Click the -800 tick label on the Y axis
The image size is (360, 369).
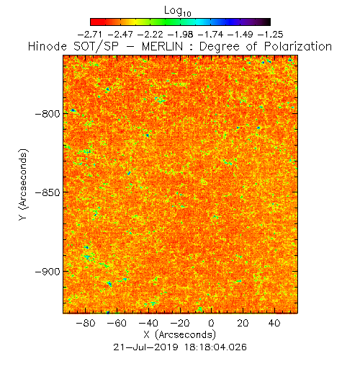coord(48,113)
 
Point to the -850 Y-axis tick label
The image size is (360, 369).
coord(48,192)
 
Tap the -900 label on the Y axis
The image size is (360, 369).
coord(48,272)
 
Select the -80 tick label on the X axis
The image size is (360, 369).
coord(86,323)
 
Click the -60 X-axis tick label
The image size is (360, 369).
coord(117,323)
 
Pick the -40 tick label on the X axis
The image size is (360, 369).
coord(148,323)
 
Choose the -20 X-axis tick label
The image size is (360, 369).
coord(180,323)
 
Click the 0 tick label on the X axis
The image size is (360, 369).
coord(211,323)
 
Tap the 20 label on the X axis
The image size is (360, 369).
coord(243,323)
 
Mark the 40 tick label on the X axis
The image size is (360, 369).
coord(274,323)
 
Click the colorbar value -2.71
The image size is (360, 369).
coord(90,35)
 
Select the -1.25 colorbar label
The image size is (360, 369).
coord(271,35)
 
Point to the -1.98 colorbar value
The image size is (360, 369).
coord(180,35)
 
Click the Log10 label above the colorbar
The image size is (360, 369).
coord(178,12)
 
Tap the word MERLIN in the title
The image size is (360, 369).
coord(163,46)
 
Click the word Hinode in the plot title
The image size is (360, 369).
coord(48,46)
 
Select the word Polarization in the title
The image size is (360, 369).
coord(298,46)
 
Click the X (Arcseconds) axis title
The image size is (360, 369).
coord(180,334)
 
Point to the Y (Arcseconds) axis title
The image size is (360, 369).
coord(24,184)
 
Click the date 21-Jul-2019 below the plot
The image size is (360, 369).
coord(145,347)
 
